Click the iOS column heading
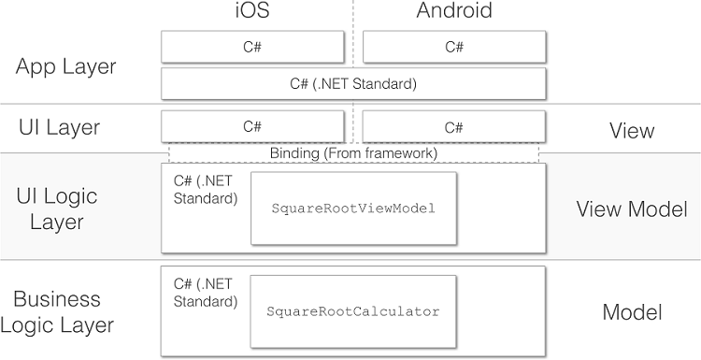coord(251,12)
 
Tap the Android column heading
coord(453,12)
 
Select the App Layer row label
coord(66,66)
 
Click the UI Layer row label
coord(59,127)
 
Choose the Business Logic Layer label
coord(63,312)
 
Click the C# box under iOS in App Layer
coord(252,46)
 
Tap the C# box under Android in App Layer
coord(453,46)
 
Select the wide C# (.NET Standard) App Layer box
coord(352,82)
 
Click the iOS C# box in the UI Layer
coord(252,126)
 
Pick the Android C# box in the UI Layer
coord(453,126)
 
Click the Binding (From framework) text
coord(353,153)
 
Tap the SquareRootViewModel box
coord(353,208)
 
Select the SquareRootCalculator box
coord(352,310)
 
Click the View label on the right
coord(632,131)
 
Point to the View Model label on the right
coord(632,209)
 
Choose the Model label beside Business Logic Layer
coord(632,312)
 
